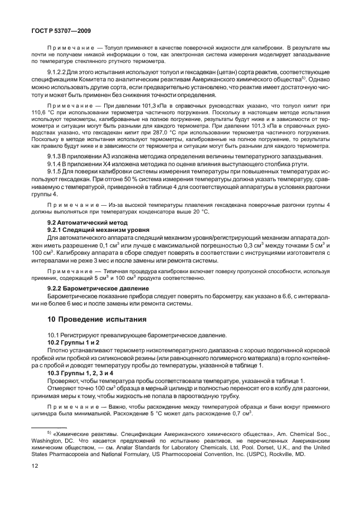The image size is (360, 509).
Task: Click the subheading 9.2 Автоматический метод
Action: tap(82, 222)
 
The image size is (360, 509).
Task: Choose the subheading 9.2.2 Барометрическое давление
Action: tap(95, 288)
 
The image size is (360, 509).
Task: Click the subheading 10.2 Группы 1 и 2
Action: tap(74, 342)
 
